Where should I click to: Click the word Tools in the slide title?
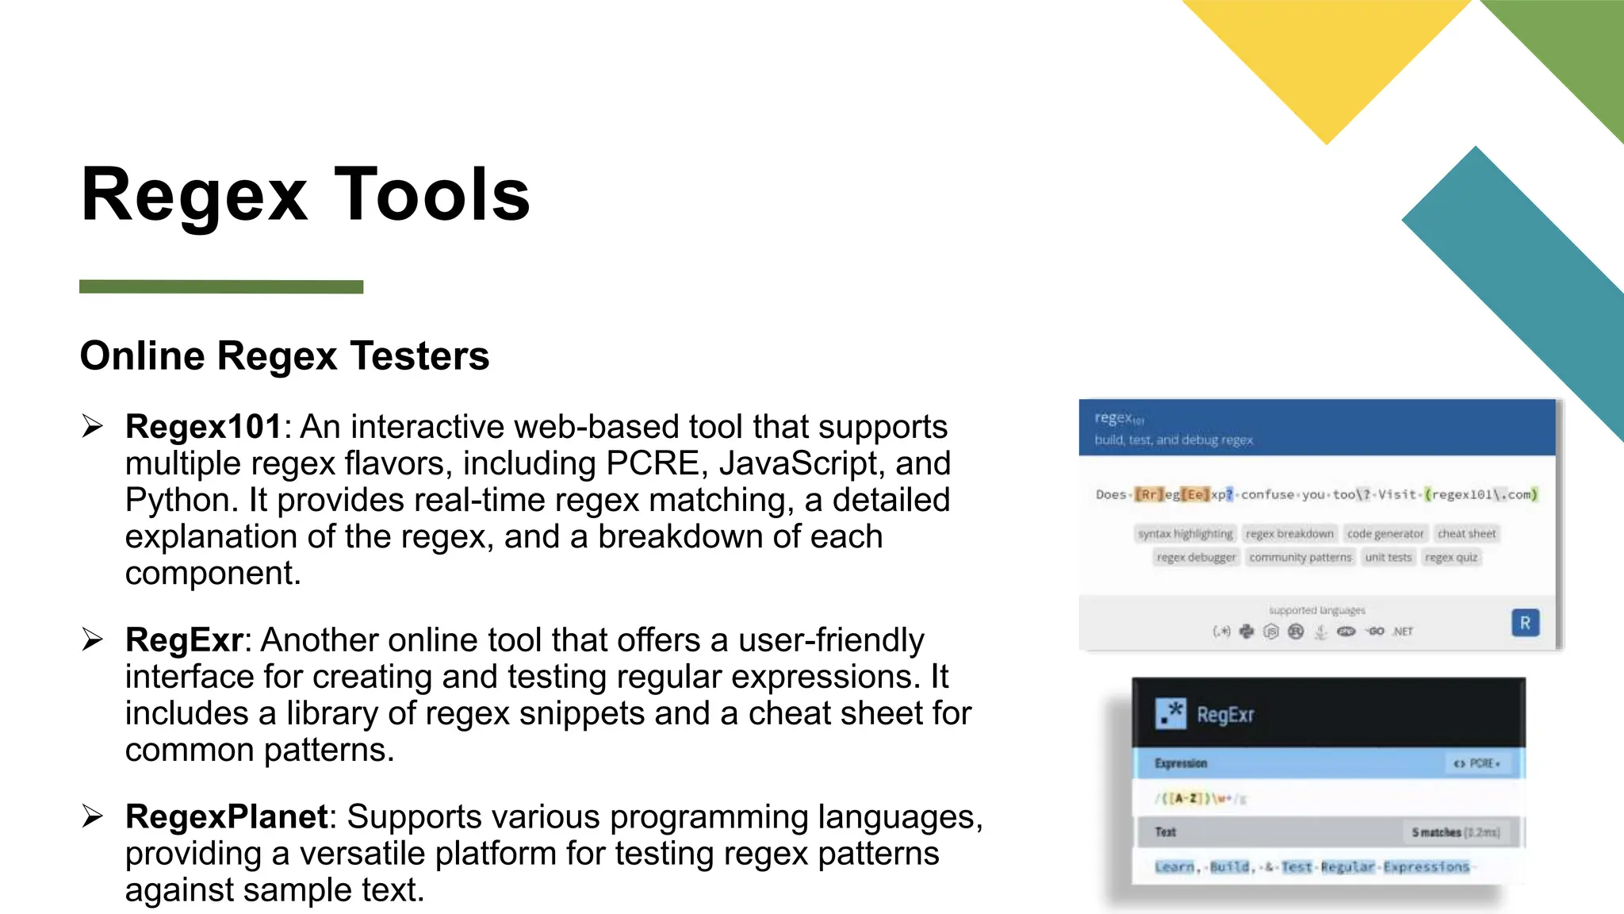tap(432, 195)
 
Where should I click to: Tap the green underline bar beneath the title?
tap(221, 286)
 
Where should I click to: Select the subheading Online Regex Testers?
tap(285, 355)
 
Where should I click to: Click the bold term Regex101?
tap(203, 427)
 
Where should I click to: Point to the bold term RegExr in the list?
tap(184, 640)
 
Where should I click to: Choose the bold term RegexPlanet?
tap(226, 817)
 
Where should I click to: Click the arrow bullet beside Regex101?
tap(93, 427)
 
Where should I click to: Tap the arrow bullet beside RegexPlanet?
tap(93, 816)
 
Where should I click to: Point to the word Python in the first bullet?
tap(181, 500)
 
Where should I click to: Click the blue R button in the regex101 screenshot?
tap(1525, 624)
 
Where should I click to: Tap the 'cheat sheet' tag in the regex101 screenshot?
tap(1466, 534)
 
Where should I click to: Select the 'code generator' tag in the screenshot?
tap(1385, 534)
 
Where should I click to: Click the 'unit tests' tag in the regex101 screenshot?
tap(1388, 558)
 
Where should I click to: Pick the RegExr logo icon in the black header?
tap(1170, 714)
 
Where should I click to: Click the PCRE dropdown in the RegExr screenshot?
tap(1476, 763)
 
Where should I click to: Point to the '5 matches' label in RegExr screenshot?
tap(1436, 832)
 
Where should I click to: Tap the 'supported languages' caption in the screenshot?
tap(1316, 610)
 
